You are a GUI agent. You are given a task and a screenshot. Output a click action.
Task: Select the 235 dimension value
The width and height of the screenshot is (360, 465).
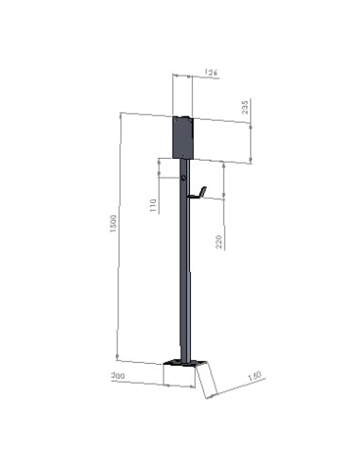247,108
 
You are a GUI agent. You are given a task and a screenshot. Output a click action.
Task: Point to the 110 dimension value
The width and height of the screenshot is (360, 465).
154,205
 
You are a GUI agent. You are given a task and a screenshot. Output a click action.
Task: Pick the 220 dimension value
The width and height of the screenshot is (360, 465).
219,242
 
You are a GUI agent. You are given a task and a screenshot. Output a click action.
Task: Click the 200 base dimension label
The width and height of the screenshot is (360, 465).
119,376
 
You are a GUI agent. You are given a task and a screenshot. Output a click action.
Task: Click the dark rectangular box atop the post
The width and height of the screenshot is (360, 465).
182,137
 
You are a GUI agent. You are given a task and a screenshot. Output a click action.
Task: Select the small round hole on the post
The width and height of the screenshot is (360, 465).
183,177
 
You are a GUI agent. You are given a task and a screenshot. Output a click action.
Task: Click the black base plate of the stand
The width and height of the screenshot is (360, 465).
181,363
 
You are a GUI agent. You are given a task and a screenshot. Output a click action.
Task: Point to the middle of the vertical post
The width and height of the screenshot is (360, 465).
184,274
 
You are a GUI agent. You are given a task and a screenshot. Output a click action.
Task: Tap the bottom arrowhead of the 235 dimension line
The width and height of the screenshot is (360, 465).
250,162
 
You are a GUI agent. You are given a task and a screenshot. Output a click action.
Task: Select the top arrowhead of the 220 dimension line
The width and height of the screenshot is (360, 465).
224,164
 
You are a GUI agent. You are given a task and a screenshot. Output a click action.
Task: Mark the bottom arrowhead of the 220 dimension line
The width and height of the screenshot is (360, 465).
224,198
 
